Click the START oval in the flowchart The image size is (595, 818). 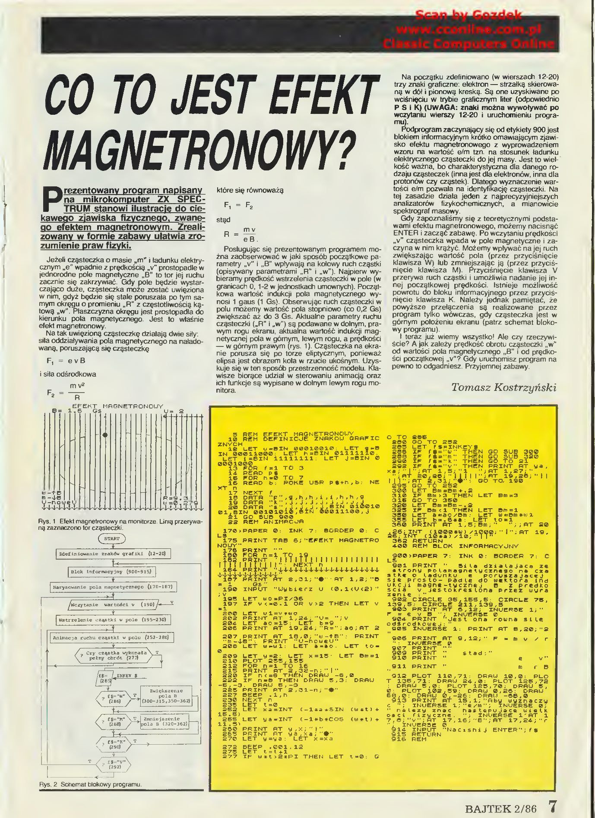coord(112,538)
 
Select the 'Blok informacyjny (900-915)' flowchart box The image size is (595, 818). coord(112,572)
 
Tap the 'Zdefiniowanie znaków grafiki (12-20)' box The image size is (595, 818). coord(112,554)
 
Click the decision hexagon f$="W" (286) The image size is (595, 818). coord(114,699)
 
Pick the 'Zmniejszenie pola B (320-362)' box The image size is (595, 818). coord(165,721)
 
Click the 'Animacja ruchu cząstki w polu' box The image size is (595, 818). coord(112,638)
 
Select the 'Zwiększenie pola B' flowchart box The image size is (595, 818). coord(166,696)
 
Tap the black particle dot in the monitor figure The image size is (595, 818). coord(105,435)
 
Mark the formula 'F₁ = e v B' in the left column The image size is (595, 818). coord(66,361)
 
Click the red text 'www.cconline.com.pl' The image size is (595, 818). coord(468,30)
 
